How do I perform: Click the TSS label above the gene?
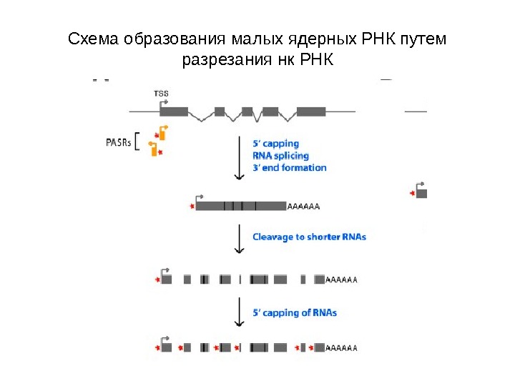[161, 93]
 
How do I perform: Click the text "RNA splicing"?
[280, 156]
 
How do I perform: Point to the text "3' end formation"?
[289, 168]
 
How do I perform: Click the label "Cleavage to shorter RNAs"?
[309, 237]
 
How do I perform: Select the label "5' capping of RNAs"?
[295, 312]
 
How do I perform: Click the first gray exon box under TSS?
[173, 112]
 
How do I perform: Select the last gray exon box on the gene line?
[310, 112]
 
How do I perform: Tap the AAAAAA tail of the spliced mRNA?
[303, 207]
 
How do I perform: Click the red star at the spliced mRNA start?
[192, 207]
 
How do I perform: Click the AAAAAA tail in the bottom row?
[341, 348]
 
